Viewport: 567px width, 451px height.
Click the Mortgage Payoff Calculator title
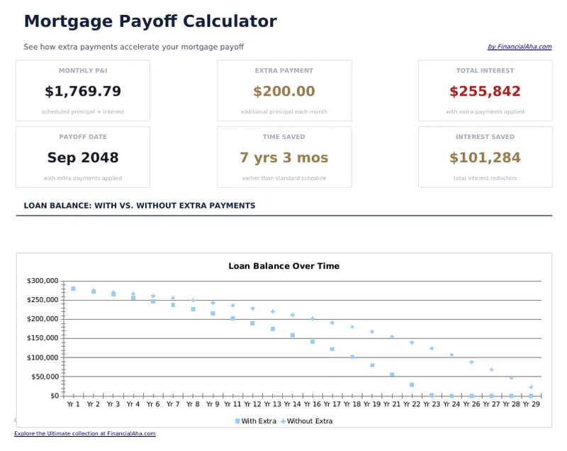coord(150,21)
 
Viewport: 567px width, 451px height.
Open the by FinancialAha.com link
coord(519,47)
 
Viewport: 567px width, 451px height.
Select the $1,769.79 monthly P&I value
coord(83,91)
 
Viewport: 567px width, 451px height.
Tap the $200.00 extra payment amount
coord(284,91)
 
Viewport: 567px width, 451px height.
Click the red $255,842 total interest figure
coord(485,91)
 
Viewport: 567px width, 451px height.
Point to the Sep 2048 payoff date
coord(83,157)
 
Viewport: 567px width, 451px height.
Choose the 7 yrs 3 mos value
coord(284,157)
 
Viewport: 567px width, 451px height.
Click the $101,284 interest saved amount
coord(485,157)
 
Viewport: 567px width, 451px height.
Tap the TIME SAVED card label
coord(284,137)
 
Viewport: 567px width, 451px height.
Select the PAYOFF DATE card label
coord(83,137)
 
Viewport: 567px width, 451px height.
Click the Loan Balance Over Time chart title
coord(283,266)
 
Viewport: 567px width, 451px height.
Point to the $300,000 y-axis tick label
coord(43,281)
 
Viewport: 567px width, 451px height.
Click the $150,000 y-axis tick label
coord(43,338)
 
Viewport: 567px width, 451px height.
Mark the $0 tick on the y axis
coord(54,396)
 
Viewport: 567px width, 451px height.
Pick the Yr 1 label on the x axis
coord(73,404)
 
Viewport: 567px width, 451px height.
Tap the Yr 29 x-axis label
coord(532,404)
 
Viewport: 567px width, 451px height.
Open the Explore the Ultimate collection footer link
coord(84,433)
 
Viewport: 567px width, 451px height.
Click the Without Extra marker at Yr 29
coord(531,387)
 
